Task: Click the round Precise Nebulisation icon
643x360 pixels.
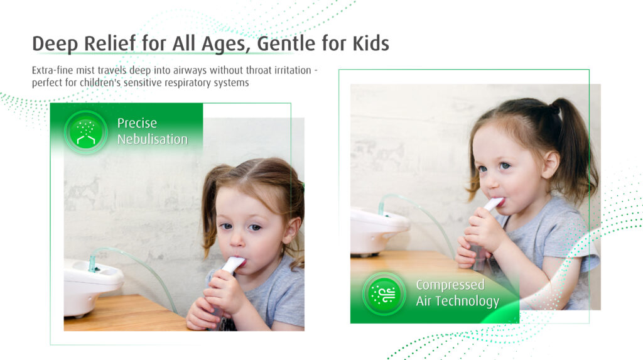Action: (85, 132)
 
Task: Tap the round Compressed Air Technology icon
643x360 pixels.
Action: (384, 294)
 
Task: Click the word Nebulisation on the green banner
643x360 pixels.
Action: (153, 139)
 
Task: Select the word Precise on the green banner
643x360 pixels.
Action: (137, 123)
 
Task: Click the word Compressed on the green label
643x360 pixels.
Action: (450, 285)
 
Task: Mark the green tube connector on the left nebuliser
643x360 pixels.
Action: (93, 264)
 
